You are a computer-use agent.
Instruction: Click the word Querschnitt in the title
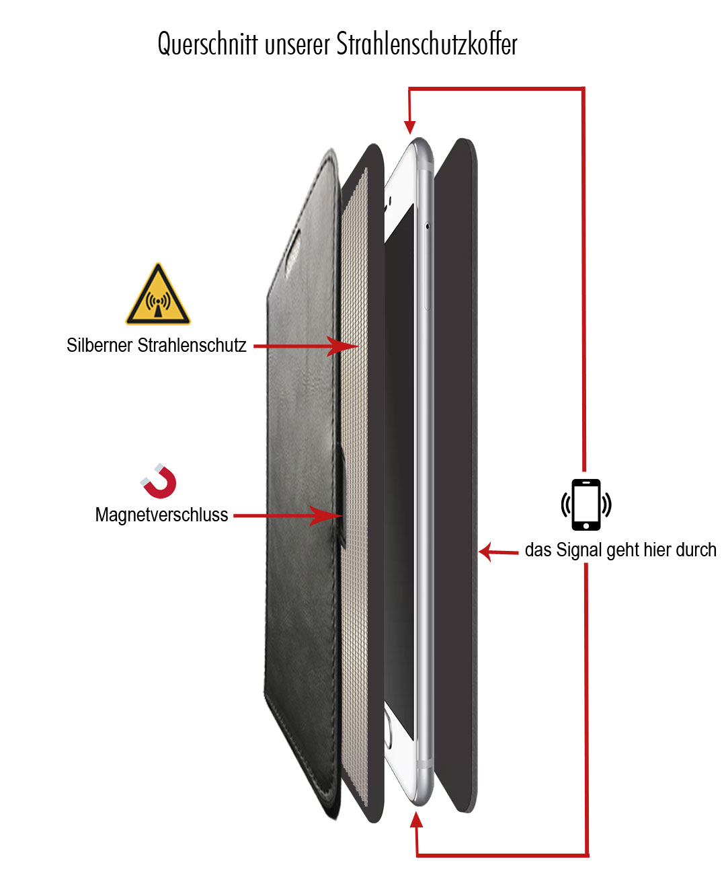tap(208, 44)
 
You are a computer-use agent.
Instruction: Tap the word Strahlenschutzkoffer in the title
tap(427, 43)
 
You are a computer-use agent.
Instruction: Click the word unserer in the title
tap(297, 46)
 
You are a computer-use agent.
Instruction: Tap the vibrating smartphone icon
tap(586, 505)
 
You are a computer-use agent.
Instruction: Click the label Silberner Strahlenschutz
tap(157, 345)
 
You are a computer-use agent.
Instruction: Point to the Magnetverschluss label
tap(161, 515)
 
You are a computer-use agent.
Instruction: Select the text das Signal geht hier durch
tap(620, 550)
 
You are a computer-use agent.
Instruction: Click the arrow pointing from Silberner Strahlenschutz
tap(306, 346)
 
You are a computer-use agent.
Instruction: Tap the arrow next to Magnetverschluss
tap(288, 516)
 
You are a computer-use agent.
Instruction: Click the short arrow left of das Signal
tap(499, 552)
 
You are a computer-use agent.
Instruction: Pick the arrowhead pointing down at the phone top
tap(410, 126)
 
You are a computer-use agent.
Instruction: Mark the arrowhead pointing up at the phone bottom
tap(416, 820)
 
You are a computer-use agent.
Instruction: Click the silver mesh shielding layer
tap(354, 484)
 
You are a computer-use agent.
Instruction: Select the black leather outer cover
tap(302, 484)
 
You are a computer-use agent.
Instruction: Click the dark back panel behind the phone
tap(456, 476)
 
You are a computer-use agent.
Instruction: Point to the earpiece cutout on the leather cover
tap(292, 252)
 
